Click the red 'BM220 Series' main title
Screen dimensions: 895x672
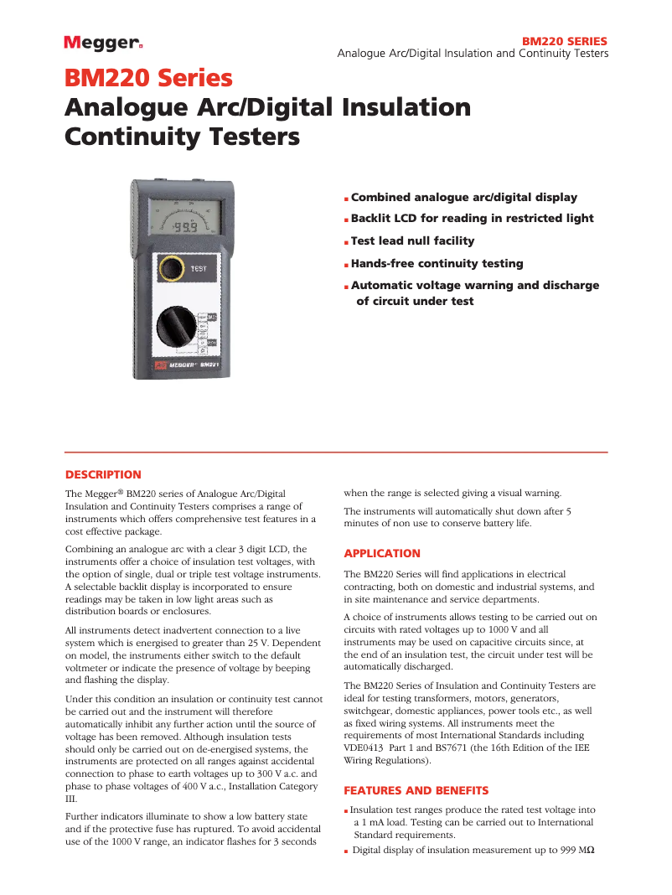[148, 79]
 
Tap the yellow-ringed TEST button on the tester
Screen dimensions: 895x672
[172, 268]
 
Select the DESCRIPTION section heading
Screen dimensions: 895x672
[103, 474]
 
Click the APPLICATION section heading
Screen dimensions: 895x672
[382, 553]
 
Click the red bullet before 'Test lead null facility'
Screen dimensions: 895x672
[346, 242]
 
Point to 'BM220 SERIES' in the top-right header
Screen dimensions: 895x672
[565, 41]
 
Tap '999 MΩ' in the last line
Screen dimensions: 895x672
[576, 850]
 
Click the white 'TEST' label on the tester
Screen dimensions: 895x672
[199, 268]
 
